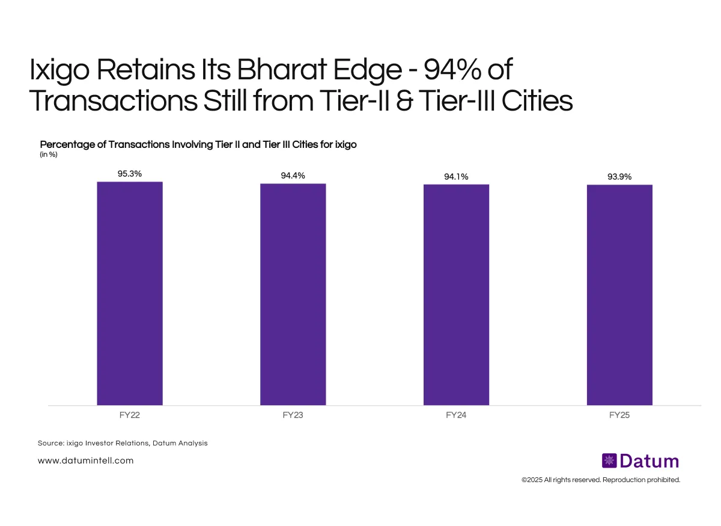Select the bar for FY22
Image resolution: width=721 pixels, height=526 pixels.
point(130,293)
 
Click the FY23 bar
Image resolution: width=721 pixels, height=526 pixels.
point(293,294)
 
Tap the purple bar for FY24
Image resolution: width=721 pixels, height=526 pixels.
point(456,295)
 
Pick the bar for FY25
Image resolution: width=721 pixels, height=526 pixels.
point(619,295)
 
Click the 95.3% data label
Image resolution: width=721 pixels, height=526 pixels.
point(130,174)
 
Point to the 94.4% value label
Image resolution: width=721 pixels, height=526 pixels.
point(293,176)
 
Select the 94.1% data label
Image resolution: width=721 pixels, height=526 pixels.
point(456,177)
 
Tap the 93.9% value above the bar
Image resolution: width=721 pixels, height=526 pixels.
point(619,177)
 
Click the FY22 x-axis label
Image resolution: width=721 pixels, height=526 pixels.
point(130,415)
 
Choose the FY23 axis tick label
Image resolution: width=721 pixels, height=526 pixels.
point(293,415)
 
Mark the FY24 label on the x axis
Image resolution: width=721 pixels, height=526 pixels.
point(456,415)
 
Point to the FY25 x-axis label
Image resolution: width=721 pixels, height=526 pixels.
point(619,415)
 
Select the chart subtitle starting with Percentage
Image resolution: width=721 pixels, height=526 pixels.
point(198,145)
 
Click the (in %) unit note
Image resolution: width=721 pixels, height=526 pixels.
point(49,154)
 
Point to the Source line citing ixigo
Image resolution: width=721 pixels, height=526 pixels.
point(123,443)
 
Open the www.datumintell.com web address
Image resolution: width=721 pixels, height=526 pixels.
point(85,460)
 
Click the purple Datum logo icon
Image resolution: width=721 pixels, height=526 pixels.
point(609,461)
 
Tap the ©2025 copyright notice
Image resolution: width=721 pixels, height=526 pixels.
point(601,480)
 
